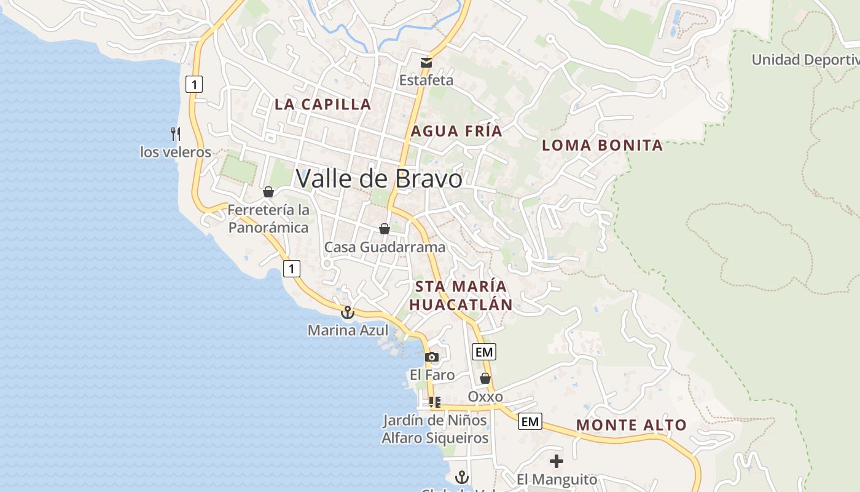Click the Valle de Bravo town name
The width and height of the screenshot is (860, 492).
tap(378, 178)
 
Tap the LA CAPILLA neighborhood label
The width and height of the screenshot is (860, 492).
tap(322, 104)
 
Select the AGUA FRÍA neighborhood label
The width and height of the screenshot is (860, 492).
tap(456, 131)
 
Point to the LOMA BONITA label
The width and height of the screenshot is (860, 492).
tap(602, 146)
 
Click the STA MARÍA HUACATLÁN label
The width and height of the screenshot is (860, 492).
tap(461, 296)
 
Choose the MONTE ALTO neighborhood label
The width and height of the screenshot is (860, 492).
tap(631, 425)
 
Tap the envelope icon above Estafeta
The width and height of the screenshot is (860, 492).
tap(426, 62)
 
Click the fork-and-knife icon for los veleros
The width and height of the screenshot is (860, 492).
tap(176, 133)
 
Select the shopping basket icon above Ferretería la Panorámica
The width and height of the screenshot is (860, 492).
tap(268, 192)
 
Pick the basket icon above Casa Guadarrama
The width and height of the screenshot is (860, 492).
tap(385, 229)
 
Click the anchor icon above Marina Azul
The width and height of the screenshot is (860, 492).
tap(348, 312)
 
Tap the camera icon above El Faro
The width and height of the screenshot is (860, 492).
tap(432, 357)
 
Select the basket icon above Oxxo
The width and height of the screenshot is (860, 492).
tap(485, 378)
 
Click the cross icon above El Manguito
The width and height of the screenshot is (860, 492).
tap(557, 461)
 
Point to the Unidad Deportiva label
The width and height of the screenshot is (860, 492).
tap(805, 60)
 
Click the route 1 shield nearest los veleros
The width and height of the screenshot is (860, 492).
tap(194, 84)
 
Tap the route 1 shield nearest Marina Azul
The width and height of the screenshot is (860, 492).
tap(292, 268)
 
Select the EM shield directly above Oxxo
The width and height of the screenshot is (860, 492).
tap(484, 352)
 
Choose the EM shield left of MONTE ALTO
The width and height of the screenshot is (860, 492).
tap(530, 421)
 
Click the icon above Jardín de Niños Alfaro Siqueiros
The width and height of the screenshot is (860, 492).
tap(435, 402)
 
